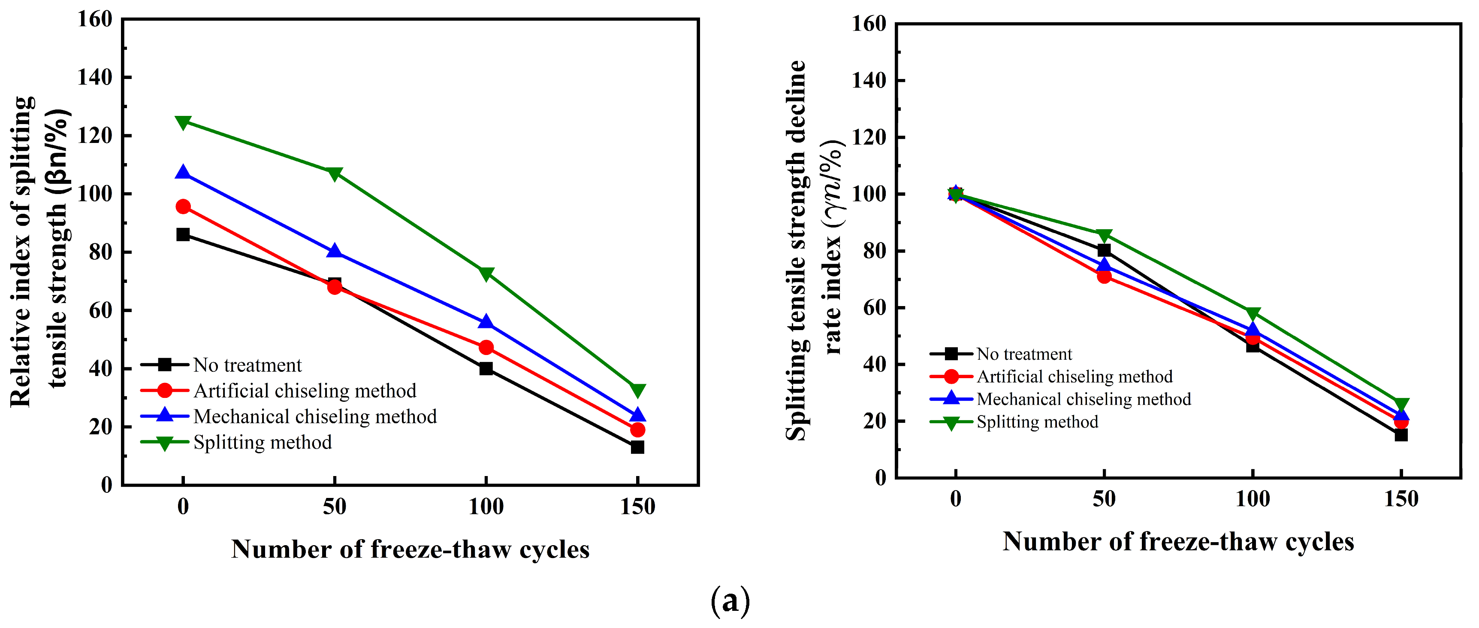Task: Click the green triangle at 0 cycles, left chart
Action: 183,122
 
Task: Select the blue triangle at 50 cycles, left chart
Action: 335,252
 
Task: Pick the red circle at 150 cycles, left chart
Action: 637,430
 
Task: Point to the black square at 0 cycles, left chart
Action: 183,234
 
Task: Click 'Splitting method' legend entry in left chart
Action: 263,443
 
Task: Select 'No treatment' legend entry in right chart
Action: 1024,354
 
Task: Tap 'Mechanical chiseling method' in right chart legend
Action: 1084,399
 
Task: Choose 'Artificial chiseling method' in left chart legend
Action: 305,391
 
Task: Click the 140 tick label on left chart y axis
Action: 95,77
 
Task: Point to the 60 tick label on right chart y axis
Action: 875,308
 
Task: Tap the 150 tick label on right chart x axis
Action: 1401,499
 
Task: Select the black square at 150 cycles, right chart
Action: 1401,435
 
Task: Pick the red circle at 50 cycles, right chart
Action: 1104,276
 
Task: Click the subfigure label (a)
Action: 730,601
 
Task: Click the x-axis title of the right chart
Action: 1178,542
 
